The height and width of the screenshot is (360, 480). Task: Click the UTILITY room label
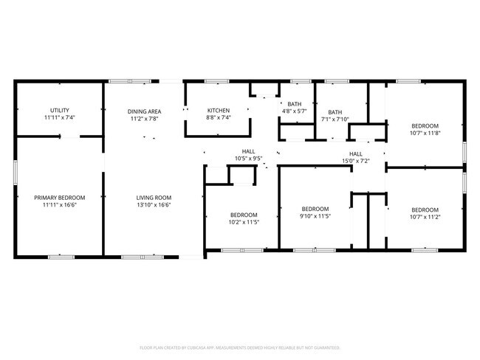tap(60, 110)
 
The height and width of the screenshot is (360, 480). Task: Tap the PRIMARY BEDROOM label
tap(60, 198)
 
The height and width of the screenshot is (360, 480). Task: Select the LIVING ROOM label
tap(154, 198)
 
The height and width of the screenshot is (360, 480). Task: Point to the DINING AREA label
tap(145, 111)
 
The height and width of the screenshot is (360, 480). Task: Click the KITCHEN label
tap(219, 111)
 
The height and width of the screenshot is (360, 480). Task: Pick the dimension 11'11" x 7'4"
tap(60, 117)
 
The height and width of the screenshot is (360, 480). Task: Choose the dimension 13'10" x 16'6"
tap(154, 205)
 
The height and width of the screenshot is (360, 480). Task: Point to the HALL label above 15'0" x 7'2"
tap(356, 153)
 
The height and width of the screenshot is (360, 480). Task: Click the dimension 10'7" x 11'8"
tap(425, 133)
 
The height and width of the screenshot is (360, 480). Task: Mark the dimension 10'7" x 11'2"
tap(425, 216)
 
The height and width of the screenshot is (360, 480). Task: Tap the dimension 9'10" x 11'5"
tap(315, 216)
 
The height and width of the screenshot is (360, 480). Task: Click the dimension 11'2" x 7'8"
tap(145, 118)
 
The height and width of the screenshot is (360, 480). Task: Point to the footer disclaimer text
tap(239, 347)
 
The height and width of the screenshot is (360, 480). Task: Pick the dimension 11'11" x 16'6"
tap(60, 205)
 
